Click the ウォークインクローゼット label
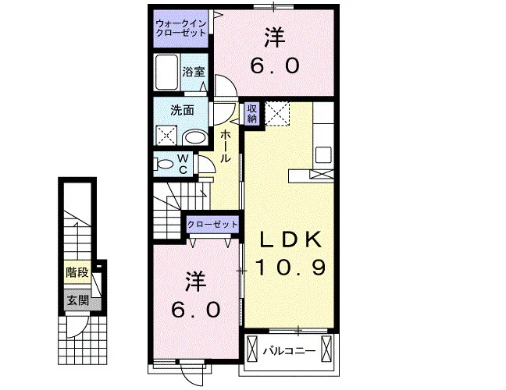(180, 28)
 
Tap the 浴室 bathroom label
(194, 72)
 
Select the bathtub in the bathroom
(167, 73)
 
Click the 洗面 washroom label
(182, 111)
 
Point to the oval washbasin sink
(195, 139)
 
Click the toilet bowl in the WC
(165, 164)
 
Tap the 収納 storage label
(252, 113)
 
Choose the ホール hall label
(226, 147)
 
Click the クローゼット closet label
(212, 224)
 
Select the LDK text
(290, 239)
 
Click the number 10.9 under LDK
(290, 268)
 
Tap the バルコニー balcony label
(289, 351)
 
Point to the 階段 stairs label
(77, 272)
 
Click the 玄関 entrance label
(78, 301)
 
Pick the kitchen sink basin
(323, 155)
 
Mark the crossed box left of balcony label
(252, 349)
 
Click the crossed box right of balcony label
(326, 349)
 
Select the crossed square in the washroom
(166, 136)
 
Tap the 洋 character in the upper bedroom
(276, 37)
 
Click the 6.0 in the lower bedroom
(195, 310)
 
